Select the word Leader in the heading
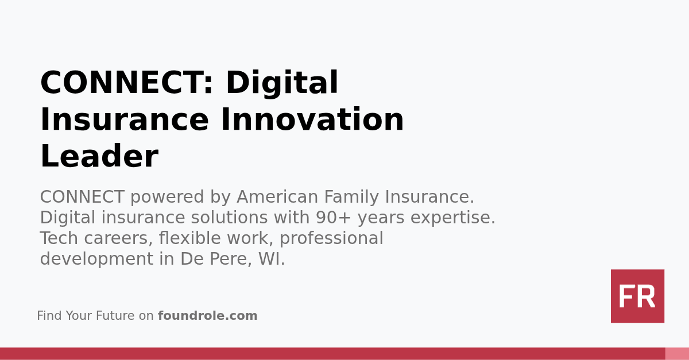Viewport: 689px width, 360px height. [x=99, y=157]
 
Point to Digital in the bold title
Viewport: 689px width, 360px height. [x=281, y=83]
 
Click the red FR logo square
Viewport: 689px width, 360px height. [x=637, y=296]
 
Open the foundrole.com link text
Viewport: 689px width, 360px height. [x=207, y=316]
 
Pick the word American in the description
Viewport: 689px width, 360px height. [x=277, y=197]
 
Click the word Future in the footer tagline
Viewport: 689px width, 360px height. [x=116, y=316]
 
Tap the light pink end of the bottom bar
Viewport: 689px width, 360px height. [x=677, y=354]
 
